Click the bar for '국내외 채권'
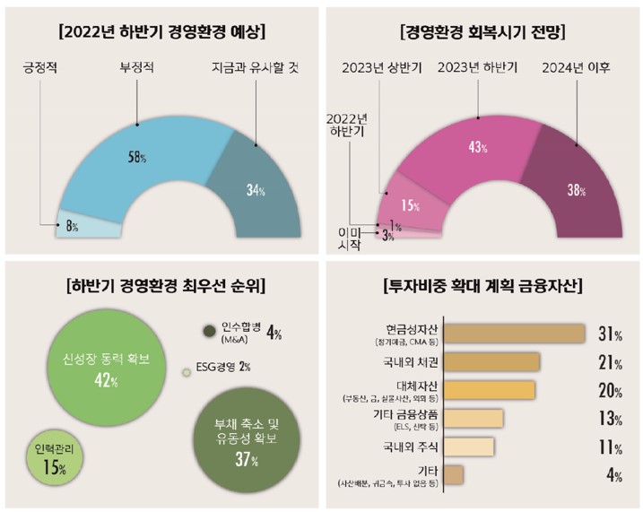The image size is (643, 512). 491,362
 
